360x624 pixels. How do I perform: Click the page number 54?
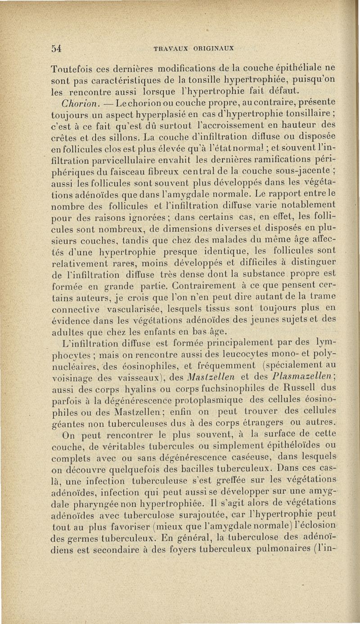click(x=55, y=49)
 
